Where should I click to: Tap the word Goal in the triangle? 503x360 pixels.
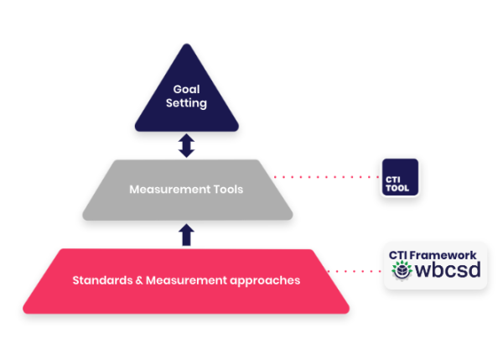tap(186, 88)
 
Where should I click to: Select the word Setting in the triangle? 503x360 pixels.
tap(186, 103)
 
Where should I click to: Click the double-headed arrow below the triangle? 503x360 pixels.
tap(186, 147)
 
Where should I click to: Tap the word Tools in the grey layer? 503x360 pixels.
tap(226, 190)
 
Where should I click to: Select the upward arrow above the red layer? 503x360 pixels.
tap(186, 233)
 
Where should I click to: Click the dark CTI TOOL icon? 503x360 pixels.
tap(400, 177)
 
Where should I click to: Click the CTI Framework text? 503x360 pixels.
tap(433, 255)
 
